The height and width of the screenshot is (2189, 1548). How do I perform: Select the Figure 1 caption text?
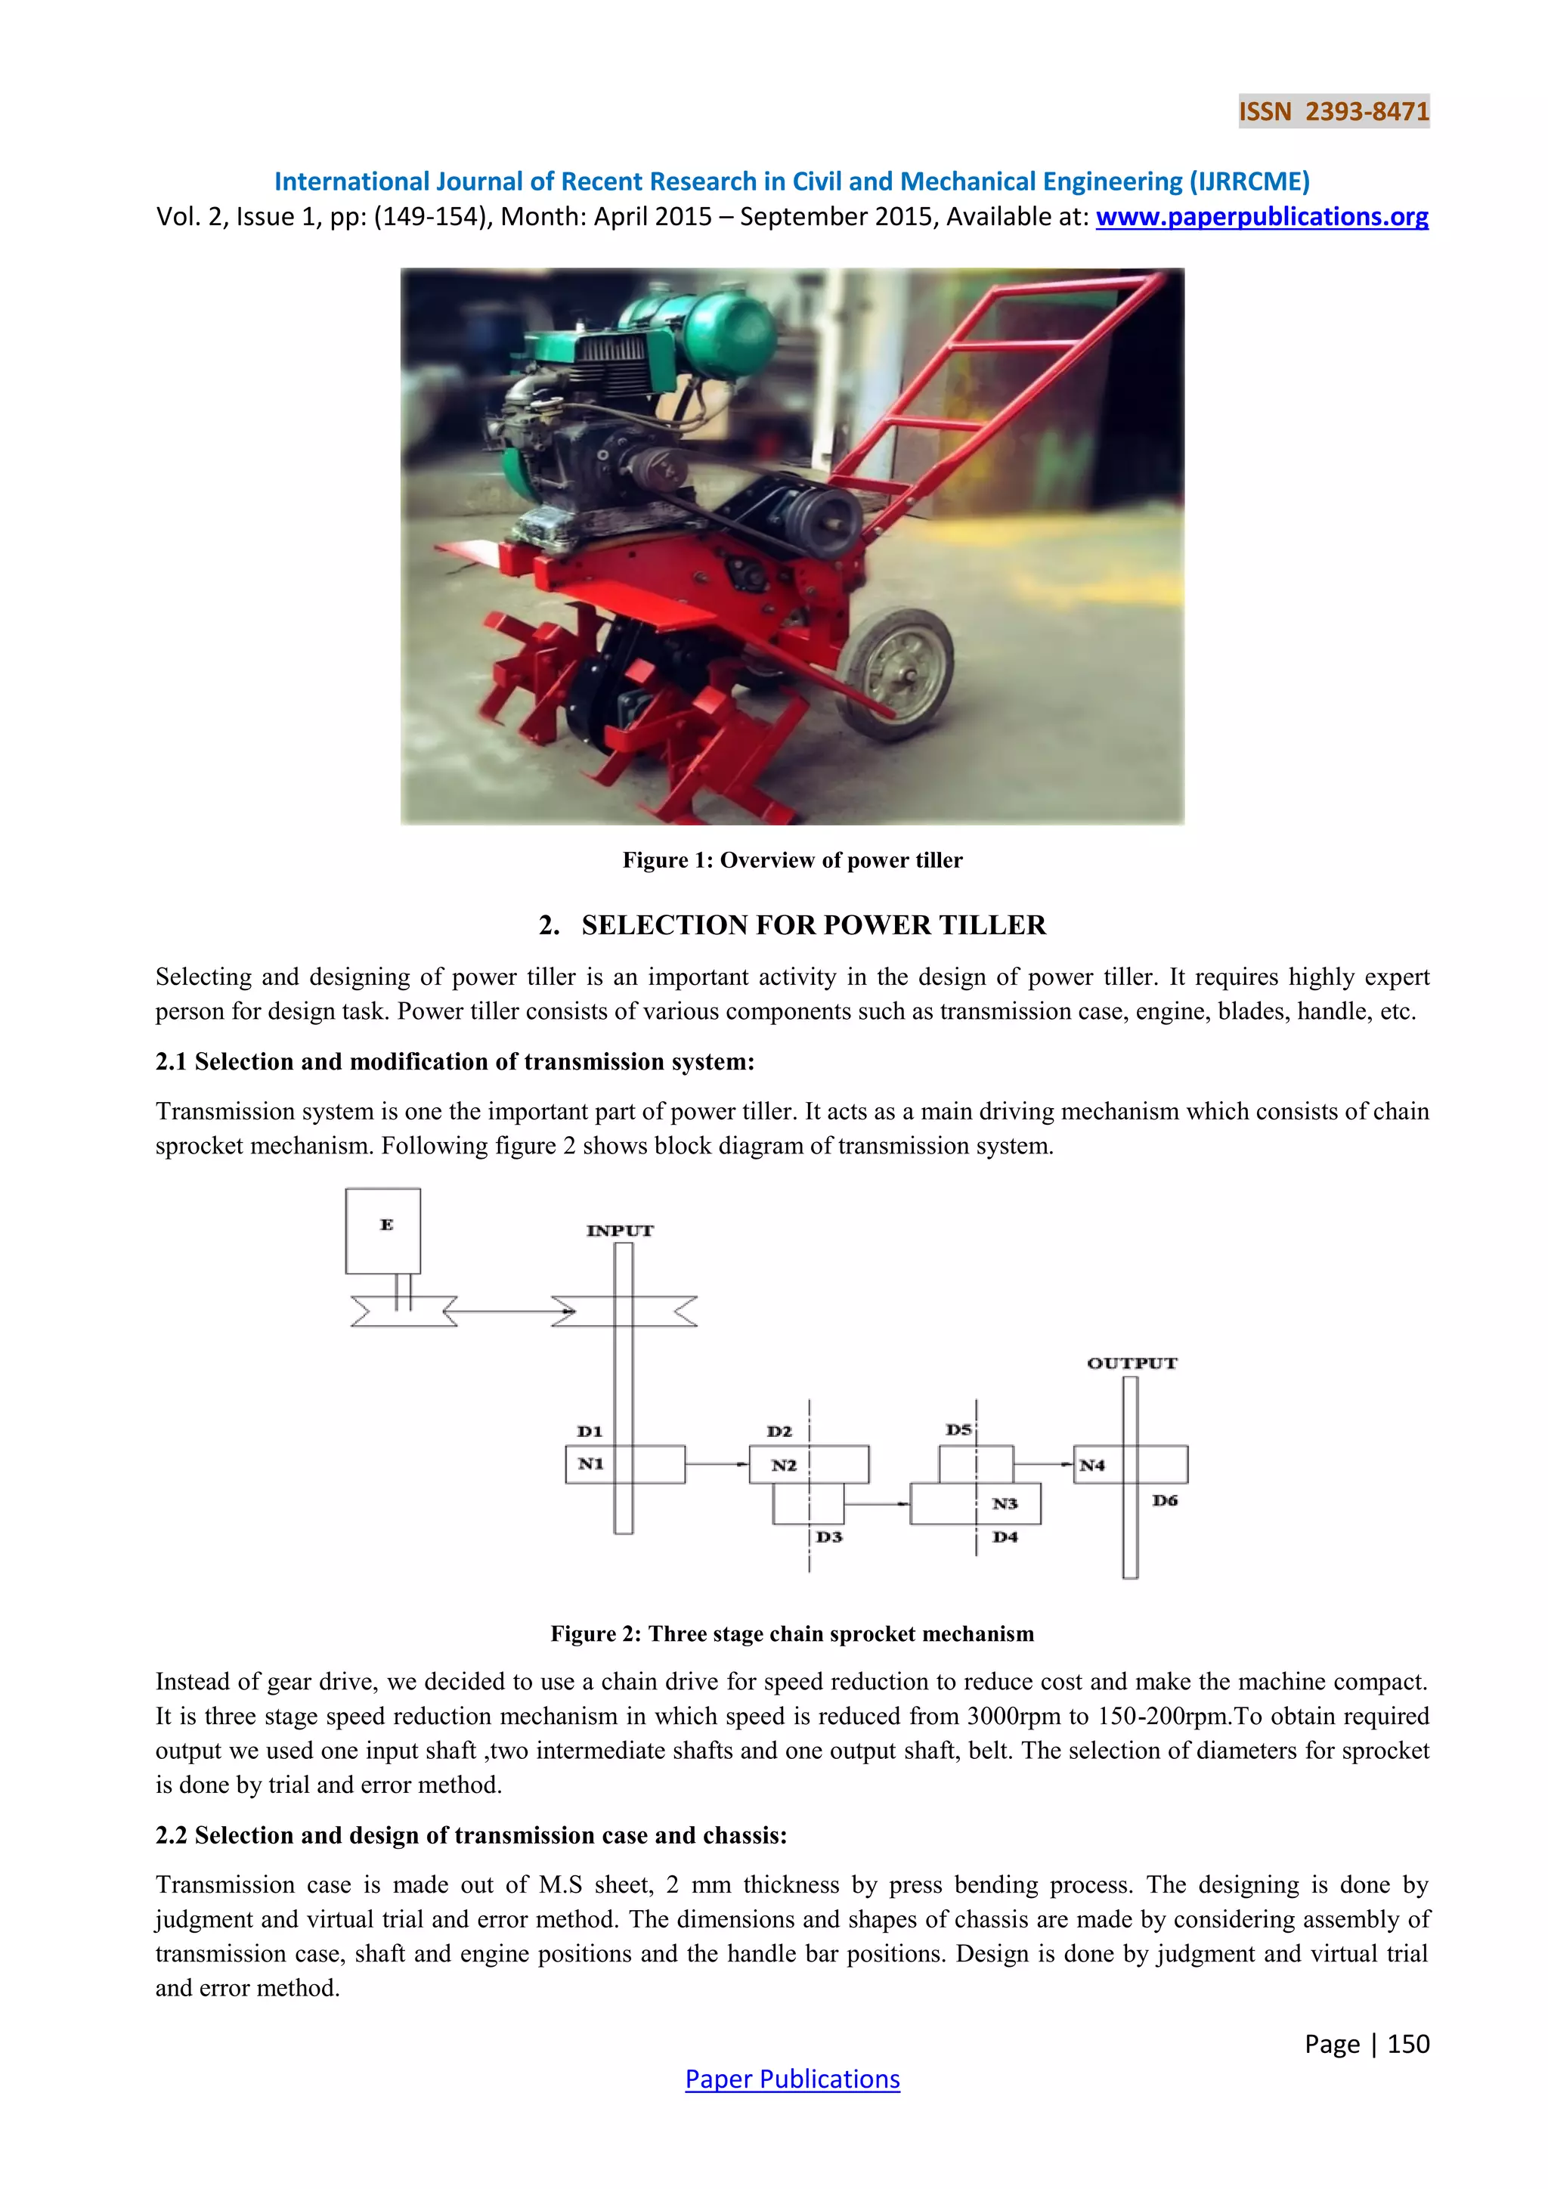coord(792,860)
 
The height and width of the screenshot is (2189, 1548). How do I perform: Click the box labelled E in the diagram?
coord(383,1230)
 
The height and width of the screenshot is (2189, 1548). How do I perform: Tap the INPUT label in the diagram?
coord(620,1231)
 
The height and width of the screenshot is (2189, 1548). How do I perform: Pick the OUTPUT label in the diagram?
coord(1132,1364)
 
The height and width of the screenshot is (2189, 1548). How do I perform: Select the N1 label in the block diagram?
coord(591,1463)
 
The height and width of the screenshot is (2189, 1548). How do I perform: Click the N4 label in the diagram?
coord(1091,1466)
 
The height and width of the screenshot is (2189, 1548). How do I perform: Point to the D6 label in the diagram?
coord(1165,1500)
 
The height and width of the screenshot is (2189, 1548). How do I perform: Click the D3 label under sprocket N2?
coord(829,1537)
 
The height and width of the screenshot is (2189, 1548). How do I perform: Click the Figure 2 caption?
coord(792,1633)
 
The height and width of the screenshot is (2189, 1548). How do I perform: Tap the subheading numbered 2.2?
coord(471,1835)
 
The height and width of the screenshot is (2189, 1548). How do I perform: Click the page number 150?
coord(1408,2043)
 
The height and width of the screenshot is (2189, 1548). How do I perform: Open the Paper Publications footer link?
coord(792,2079)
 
